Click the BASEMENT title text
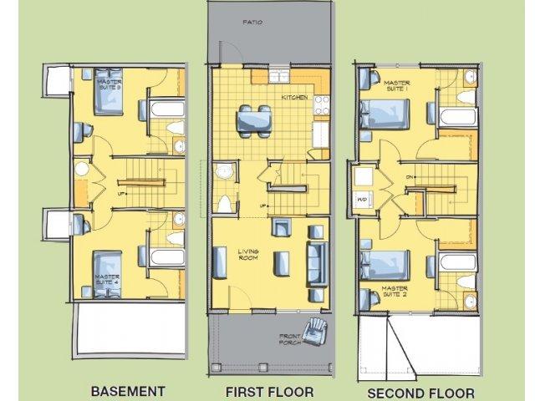[128, 390]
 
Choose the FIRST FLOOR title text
[269, 391]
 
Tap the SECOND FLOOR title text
[421, 392]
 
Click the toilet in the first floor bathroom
[224, 202]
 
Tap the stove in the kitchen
[320, 106]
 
